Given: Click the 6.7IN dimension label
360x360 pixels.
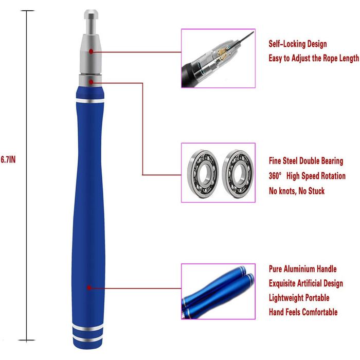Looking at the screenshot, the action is pos(8,159).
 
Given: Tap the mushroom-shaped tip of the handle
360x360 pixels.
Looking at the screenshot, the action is pos(91,14).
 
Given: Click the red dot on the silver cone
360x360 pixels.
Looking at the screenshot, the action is pos(91,51).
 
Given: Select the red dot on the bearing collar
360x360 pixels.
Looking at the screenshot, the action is pos(91,82).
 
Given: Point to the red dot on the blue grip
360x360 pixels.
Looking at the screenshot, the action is pos(89,287).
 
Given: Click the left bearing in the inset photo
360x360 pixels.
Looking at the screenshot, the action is pos(203,173).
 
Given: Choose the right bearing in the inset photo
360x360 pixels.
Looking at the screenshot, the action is pos(238,174).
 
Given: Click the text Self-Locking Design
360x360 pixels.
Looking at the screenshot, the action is pos(298,44).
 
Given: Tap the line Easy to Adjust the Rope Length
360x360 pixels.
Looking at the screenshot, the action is pos(314,58).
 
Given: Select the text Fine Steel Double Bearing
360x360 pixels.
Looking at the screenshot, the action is pos(306,161).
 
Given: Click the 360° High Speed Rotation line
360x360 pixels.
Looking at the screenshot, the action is pos(307,176).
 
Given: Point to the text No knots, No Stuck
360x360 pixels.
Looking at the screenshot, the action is pos(297,191).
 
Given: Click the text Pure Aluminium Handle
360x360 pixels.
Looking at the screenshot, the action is pos(302,269).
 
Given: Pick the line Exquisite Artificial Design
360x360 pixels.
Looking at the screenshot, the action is pos(306,283).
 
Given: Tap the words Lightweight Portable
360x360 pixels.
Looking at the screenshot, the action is pos(299,298).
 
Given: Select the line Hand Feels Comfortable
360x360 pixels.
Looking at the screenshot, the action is pos(303,312).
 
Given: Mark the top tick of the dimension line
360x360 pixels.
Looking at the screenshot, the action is pos(27,11).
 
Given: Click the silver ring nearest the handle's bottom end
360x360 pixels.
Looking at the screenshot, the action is pos(88,339).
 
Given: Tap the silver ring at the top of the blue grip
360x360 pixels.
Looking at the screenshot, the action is pos(90,101).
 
